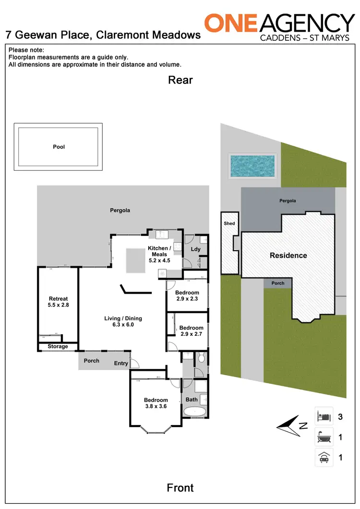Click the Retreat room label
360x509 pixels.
coord(59,299)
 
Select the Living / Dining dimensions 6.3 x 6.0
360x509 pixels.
coord(123,325)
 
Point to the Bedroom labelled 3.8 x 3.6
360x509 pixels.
coord(156,400)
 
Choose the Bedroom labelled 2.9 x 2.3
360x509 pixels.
coord(187,293)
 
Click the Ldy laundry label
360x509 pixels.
coord(195,249)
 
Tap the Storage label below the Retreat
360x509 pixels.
coord(58,346)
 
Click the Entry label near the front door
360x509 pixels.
coord(121,364)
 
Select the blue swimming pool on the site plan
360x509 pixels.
coord(252,166)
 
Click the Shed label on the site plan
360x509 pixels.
coord(229,224)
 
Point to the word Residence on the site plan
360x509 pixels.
coord(288,255)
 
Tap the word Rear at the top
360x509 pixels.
coord(180,80)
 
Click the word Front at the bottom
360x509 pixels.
coord(180,487)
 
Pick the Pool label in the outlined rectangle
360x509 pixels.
coord(59,147)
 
